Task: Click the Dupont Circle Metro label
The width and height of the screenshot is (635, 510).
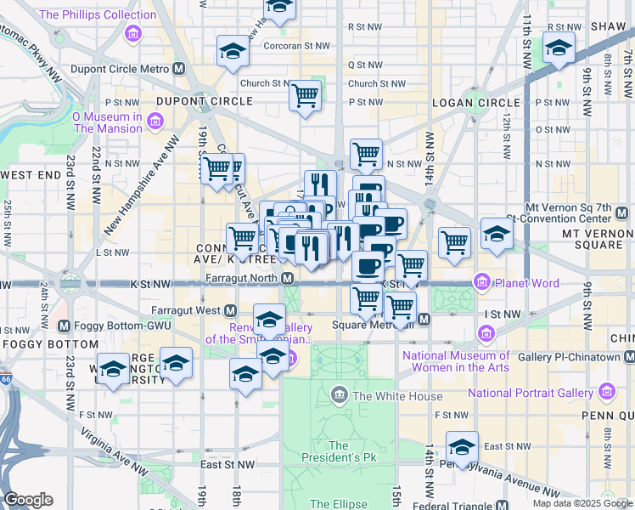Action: pos(126,69)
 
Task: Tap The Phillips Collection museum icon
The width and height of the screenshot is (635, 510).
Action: pos(132,34)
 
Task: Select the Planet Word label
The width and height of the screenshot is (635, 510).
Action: pos(513,281)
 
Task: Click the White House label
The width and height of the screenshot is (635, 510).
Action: pos(397,396)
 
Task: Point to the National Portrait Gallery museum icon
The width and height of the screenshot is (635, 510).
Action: pos(606,392)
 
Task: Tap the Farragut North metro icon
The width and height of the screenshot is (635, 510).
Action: pos(288,279)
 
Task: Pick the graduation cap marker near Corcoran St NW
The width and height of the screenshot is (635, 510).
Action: pos(232,51)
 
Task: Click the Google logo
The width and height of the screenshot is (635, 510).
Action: pos(29,500)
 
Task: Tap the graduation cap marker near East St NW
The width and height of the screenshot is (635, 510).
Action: pos(463,447)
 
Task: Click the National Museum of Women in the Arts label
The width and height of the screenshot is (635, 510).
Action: pos(456,362)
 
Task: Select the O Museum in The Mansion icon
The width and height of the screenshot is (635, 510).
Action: pos(155,122)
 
